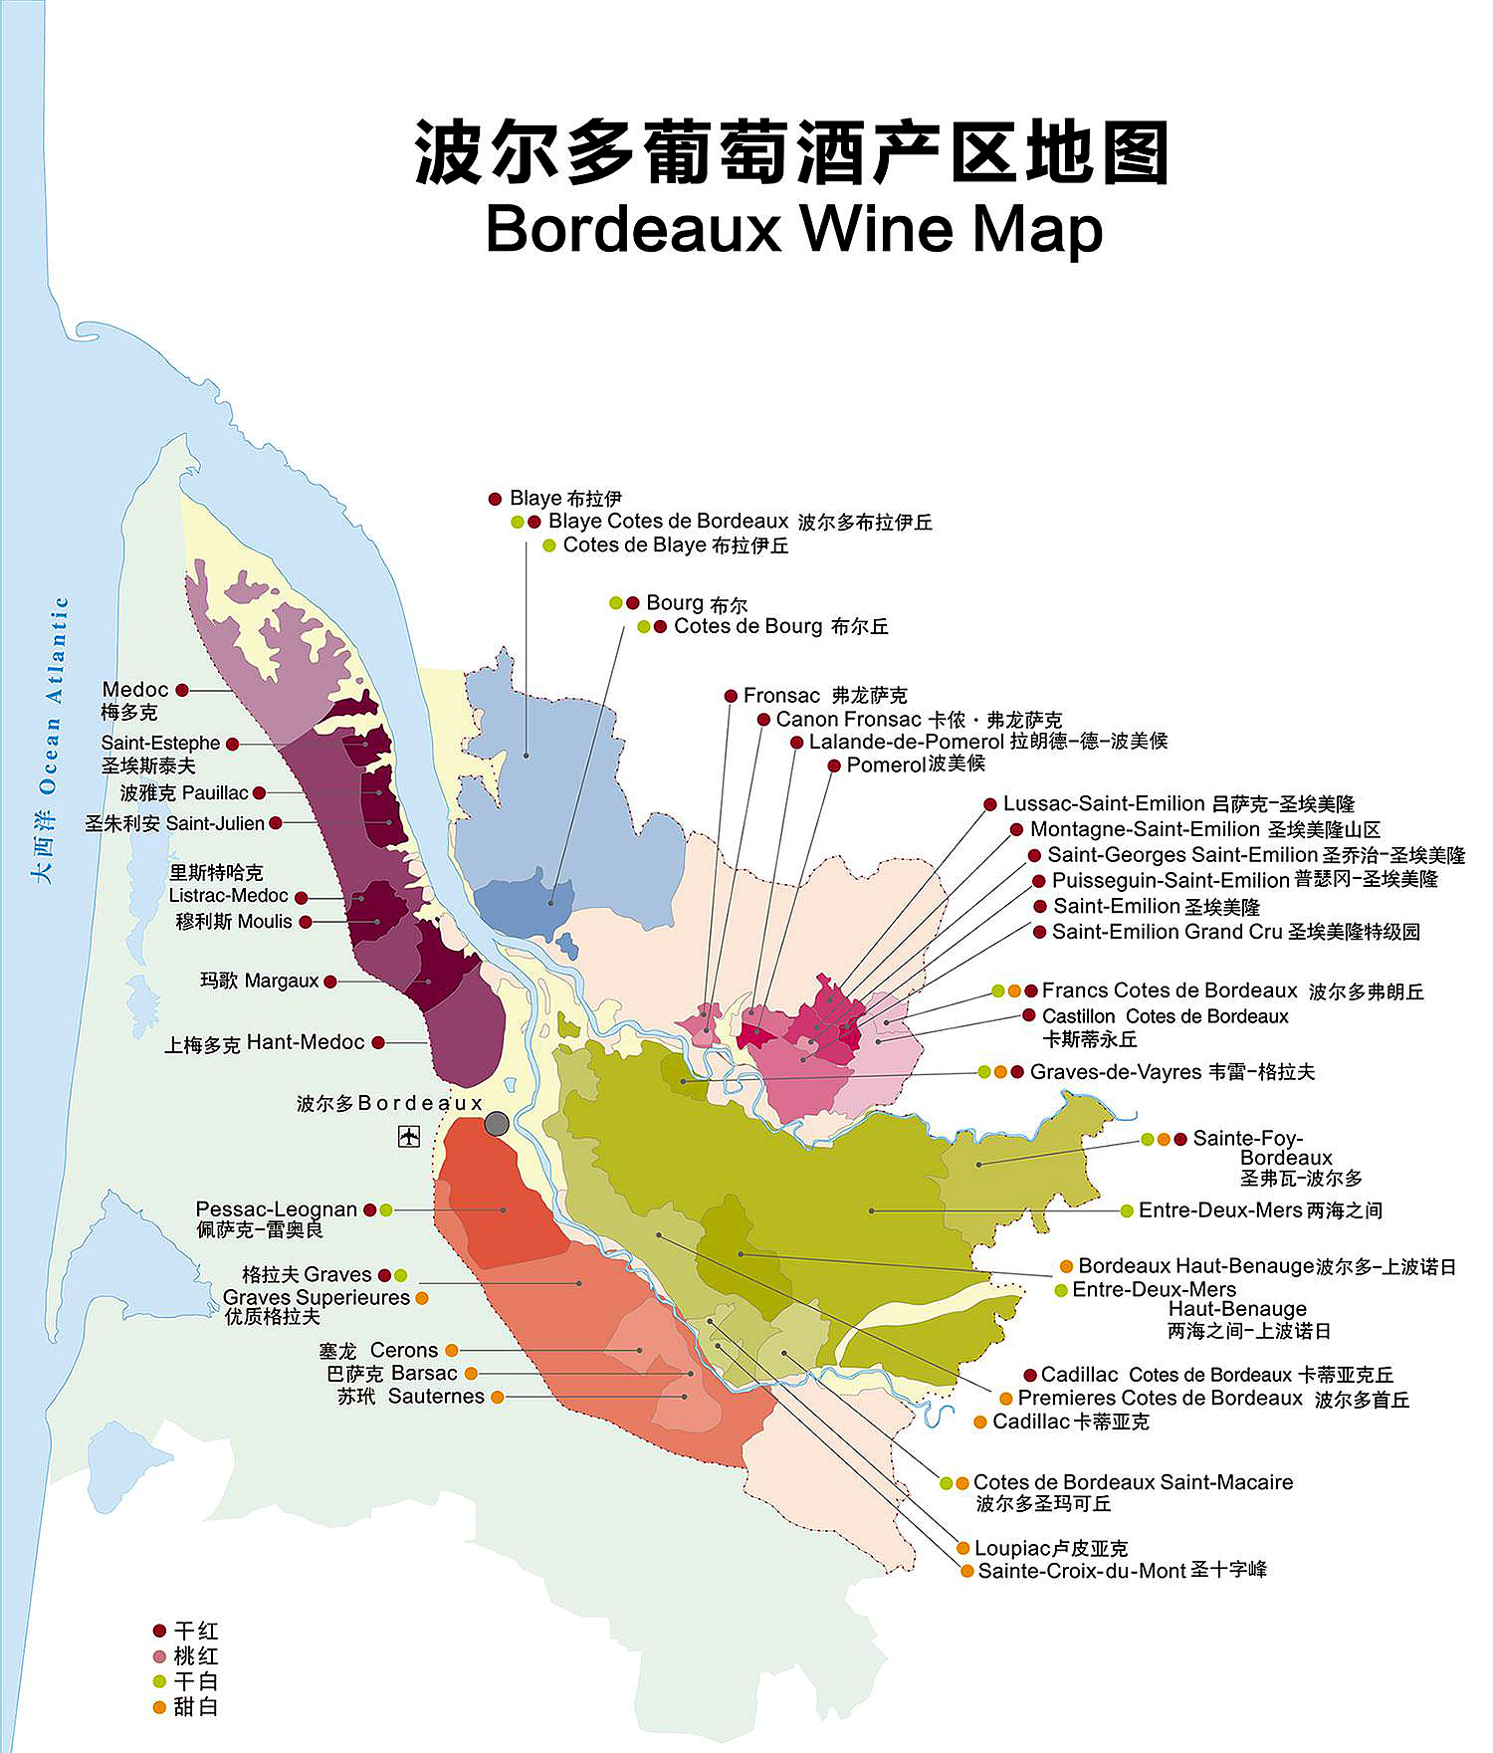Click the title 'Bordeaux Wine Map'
click(x=793, y=230)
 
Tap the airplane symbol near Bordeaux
click(x=408, y=1136)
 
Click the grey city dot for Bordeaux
click(x=497, y=1124)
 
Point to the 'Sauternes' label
click(x=436, y=1397)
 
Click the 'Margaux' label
click(x=282, y=981)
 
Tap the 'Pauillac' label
click(x=214, y=792)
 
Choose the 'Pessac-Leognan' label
click(x=276, y=1209)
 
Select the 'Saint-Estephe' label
click(x=160, y=743)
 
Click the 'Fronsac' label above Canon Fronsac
click(x=781, y=695)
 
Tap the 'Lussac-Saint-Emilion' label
click(x=1103, y=803)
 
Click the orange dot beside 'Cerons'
click(x=452, y=1350)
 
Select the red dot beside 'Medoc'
click(x=182, y=690)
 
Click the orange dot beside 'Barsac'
click(x=472, y=1374)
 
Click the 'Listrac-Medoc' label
click(x=228, y=896)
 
